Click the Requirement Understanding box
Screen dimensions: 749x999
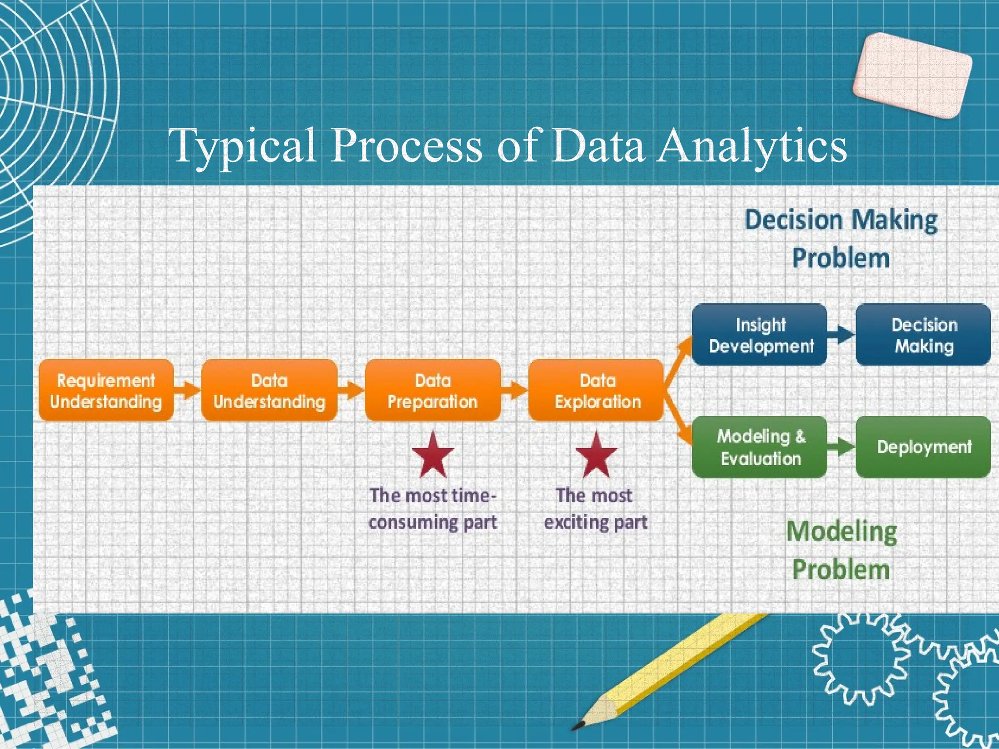106,391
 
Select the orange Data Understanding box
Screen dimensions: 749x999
269,391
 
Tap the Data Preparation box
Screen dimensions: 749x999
433,391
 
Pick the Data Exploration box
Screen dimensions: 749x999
597,391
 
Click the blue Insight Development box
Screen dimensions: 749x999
760,335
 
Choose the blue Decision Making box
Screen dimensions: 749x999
923,335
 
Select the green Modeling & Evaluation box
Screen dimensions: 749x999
760,447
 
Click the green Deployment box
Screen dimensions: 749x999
923,447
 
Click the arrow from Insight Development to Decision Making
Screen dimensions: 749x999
841,335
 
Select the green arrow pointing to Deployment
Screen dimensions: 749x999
841,447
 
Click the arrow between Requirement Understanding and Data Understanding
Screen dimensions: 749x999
187,389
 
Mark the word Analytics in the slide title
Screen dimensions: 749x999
751,146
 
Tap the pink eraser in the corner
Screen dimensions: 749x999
912,76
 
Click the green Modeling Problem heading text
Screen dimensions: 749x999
841,550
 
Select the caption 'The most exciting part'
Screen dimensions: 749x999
596,509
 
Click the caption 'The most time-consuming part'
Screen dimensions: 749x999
433,509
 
